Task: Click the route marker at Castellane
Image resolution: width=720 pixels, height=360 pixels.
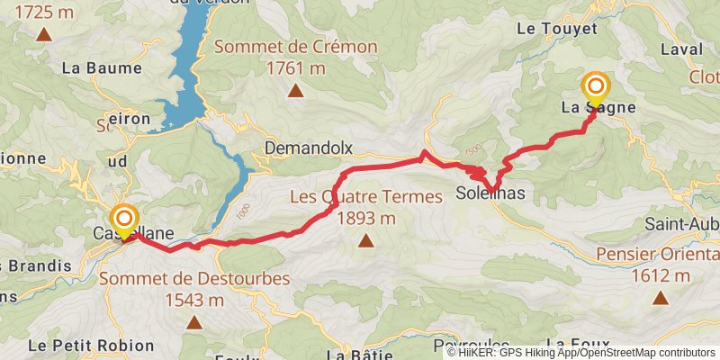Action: click(x=123, y=219)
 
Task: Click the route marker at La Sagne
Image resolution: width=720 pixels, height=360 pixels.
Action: click(x=597, y=86)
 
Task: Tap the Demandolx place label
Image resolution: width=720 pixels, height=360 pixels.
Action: click(x=307, y=148)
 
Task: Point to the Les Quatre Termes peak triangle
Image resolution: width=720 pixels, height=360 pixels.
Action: click(x=365, y=239)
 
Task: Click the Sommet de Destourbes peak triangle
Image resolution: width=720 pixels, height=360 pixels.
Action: click(x=194, y=321)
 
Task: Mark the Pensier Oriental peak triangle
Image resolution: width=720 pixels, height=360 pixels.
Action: click(x=661, y=297)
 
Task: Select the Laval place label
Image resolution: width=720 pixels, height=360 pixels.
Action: click(x=682, y=50)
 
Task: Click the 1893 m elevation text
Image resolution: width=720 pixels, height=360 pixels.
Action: click(x=365, y=218)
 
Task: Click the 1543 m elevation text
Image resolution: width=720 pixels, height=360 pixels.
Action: click(x=194, y=300)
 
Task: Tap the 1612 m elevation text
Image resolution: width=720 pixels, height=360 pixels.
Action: click(x=661, y=275)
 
